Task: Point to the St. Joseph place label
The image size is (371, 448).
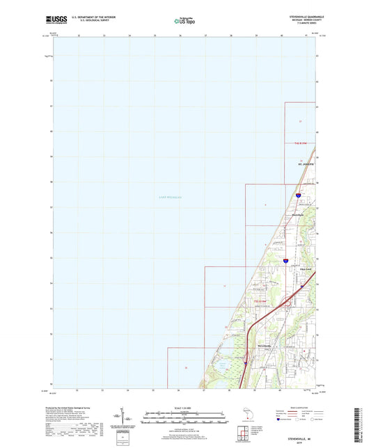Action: coord(299,165)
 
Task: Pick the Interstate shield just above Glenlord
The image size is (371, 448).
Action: coord(286,261)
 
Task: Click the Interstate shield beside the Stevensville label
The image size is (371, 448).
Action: coord(246,361)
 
